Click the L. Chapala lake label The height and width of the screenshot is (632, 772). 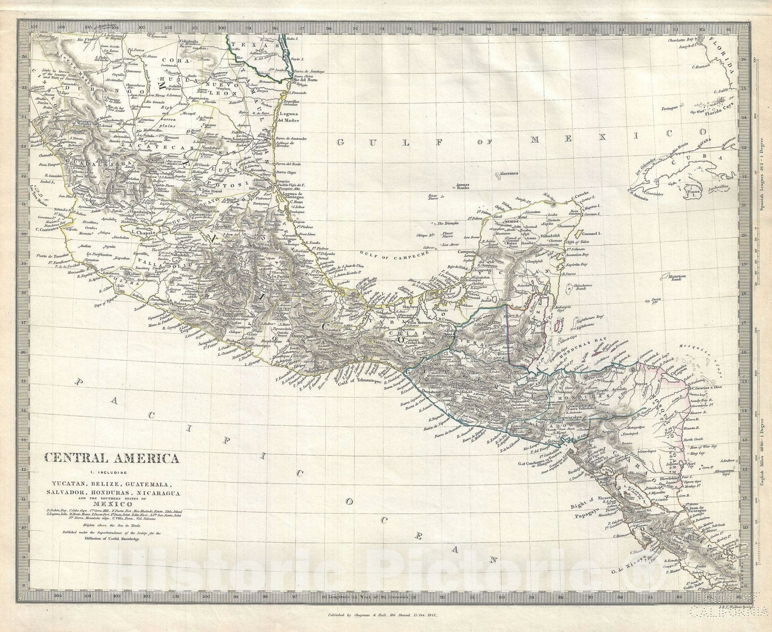point(139,232)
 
